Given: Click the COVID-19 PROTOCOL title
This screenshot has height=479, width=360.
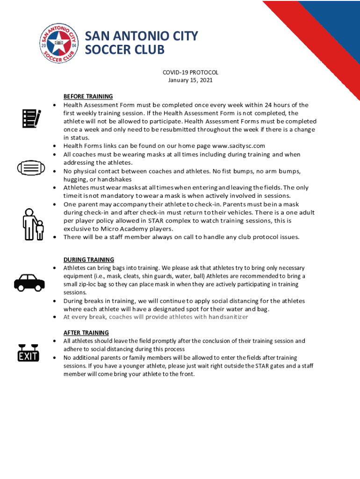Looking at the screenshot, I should [190, 73].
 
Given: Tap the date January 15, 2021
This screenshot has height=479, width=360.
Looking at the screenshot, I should [190, 80].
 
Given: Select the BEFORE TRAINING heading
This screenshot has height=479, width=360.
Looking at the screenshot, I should [88, 97].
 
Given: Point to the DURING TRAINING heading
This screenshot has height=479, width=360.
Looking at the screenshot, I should [89, 260].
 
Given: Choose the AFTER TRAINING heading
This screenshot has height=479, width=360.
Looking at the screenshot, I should [86, 333].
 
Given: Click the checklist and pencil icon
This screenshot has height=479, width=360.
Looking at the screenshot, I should [31, 118].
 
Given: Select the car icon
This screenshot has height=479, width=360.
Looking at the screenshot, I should [30, 282].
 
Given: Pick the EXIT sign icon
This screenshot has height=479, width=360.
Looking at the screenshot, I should [28, 354].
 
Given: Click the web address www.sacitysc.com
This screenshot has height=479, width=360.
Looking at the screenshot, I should [238, 146].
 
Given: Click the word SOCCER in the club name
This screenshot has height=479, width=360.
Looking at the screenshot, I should [106, 50].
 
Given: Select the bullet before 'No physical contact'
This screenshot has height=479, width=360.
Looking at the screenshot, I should [55, 172].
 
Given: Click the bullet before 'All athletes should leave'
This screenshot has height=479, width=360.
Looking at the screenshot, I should [55, 341].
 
